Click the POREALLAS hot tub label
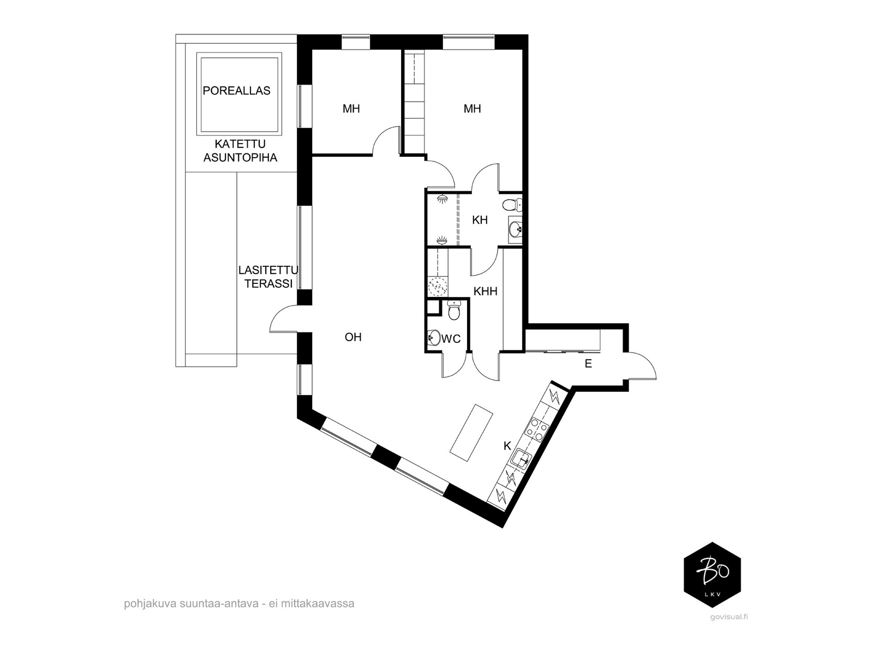point(236,91)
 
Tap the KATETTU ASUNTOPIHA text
point(240,151)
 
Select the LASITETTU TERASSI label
point(268,277)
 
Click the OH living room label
point(353,337)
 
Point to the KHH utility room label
point(485,291)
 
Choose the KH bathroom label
point(480,220)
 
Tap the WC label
point(451,339)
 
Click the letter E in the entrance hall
point(588,364)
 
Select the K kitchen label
point(507,446)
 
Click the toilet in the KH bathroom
point(512,205)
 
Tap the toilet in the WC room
point(454,311)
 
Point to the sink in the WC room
point(434,338)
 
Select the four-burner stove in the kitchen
point(537,430)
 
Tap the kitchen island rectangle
point(471,432)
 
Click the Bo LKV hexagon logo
point(712,575)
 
